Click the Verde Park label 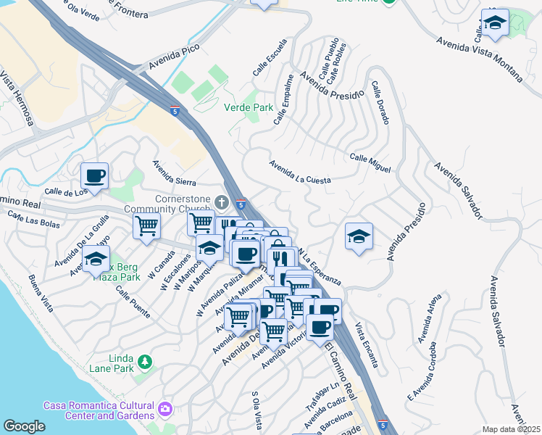249,107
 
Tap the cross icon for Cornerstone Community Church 222,202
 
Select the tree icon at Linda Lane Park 145,362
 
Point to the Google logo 24,426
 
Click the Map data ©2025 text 511,429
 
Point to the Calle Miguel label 370,162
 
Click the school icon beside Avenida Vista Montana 495,23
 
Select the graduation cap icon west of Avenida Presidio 358,236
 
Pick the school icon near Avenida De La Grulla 96,258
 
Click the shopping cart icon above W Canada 146,225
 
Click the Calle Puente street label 138,289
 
